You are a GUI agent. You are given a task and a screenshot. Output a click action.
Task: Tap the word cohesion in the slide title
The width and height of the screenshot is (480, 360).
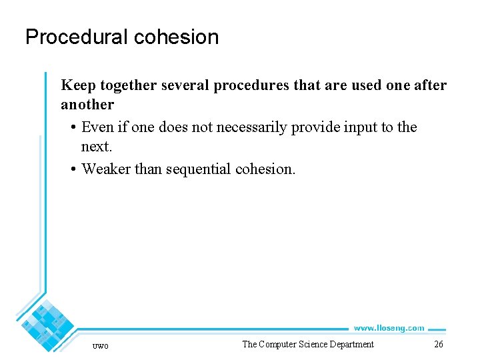click(176, 37)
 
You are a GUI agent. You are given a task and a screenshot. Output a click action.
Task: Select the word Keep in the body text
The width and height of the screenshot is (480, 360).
click(79, 85)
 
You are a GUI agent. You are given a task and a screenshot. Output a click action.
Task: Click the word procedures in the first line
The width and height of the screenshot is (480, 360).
click(245, 85)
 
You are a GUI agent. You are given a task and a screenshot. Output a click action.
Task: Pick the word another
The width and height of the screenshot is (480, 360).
click(87, 105)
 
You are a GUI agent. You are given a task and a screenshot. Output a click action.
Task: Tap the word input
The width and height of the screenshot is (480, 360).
click(358, 127)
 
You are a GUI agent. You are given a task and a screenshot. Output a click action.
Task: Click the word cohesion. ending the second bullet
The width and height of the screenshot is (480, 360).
click(265, 169)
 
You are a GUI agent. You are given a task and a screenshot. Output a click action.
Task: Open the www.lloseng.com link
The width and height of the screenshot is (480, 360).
click(389, 327)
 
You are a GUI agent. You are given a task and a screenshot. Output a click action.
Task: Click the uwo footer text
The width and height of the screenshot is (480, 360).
click(100, 345)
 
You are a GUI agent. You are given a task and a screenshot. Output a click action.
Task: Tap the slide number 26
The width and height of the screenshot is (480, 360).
click(438, 344)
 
